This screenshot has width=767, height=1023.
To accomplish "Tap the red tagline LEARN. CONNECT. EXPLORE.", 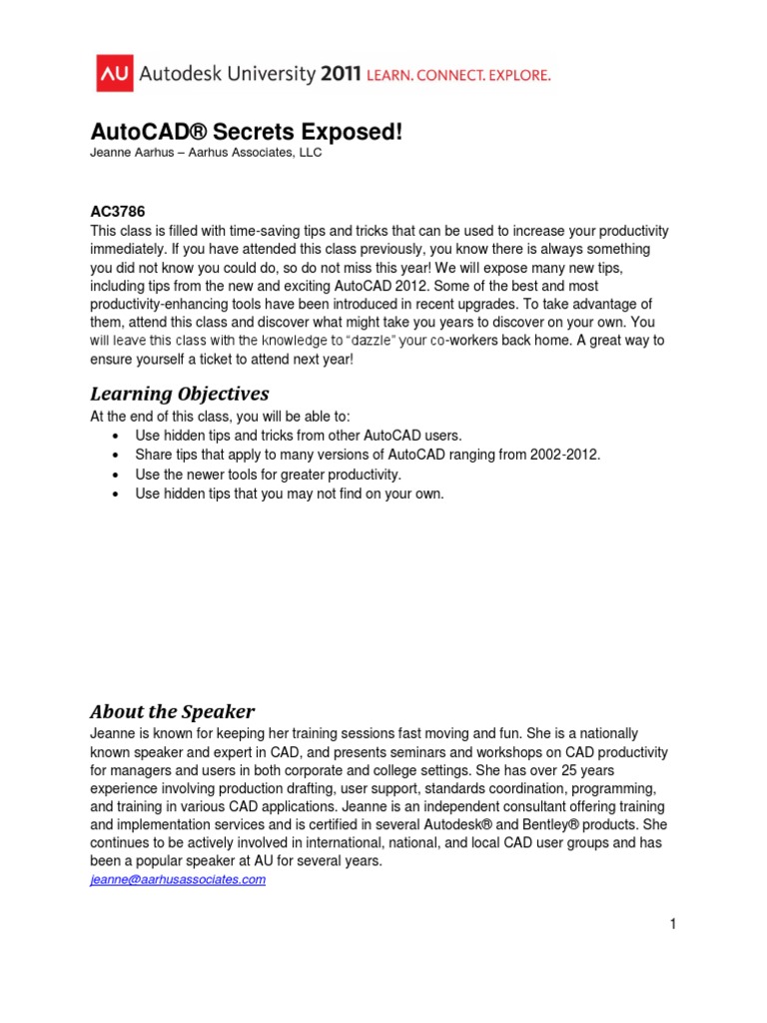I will pyautogui.click(x=465, y=75).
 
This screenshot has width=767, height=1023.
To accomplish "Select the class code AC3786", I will pyautogui.click(x=118, y=212).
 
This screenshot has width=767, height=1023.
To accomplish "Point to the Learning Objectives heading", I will pyautogui.click(x=180, y=393).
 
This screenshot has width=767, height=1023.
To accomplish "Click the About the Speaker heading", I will pyautogui.click(x=172, y=711).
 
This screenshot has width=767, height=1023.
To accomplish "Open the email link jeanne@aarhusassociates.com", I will pyautogui.click(x=178, y=879).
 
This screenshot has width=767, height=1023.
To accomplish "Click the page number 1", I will pyautogui.click(x=674, y=924).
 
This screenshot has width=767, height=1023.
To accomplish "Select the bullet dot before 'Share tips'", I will pyautogui.click(x=120, y=456).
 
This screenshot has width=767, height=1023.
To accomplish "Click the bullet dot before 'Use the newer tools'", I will pyautogui.click(x=120, y=475).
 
